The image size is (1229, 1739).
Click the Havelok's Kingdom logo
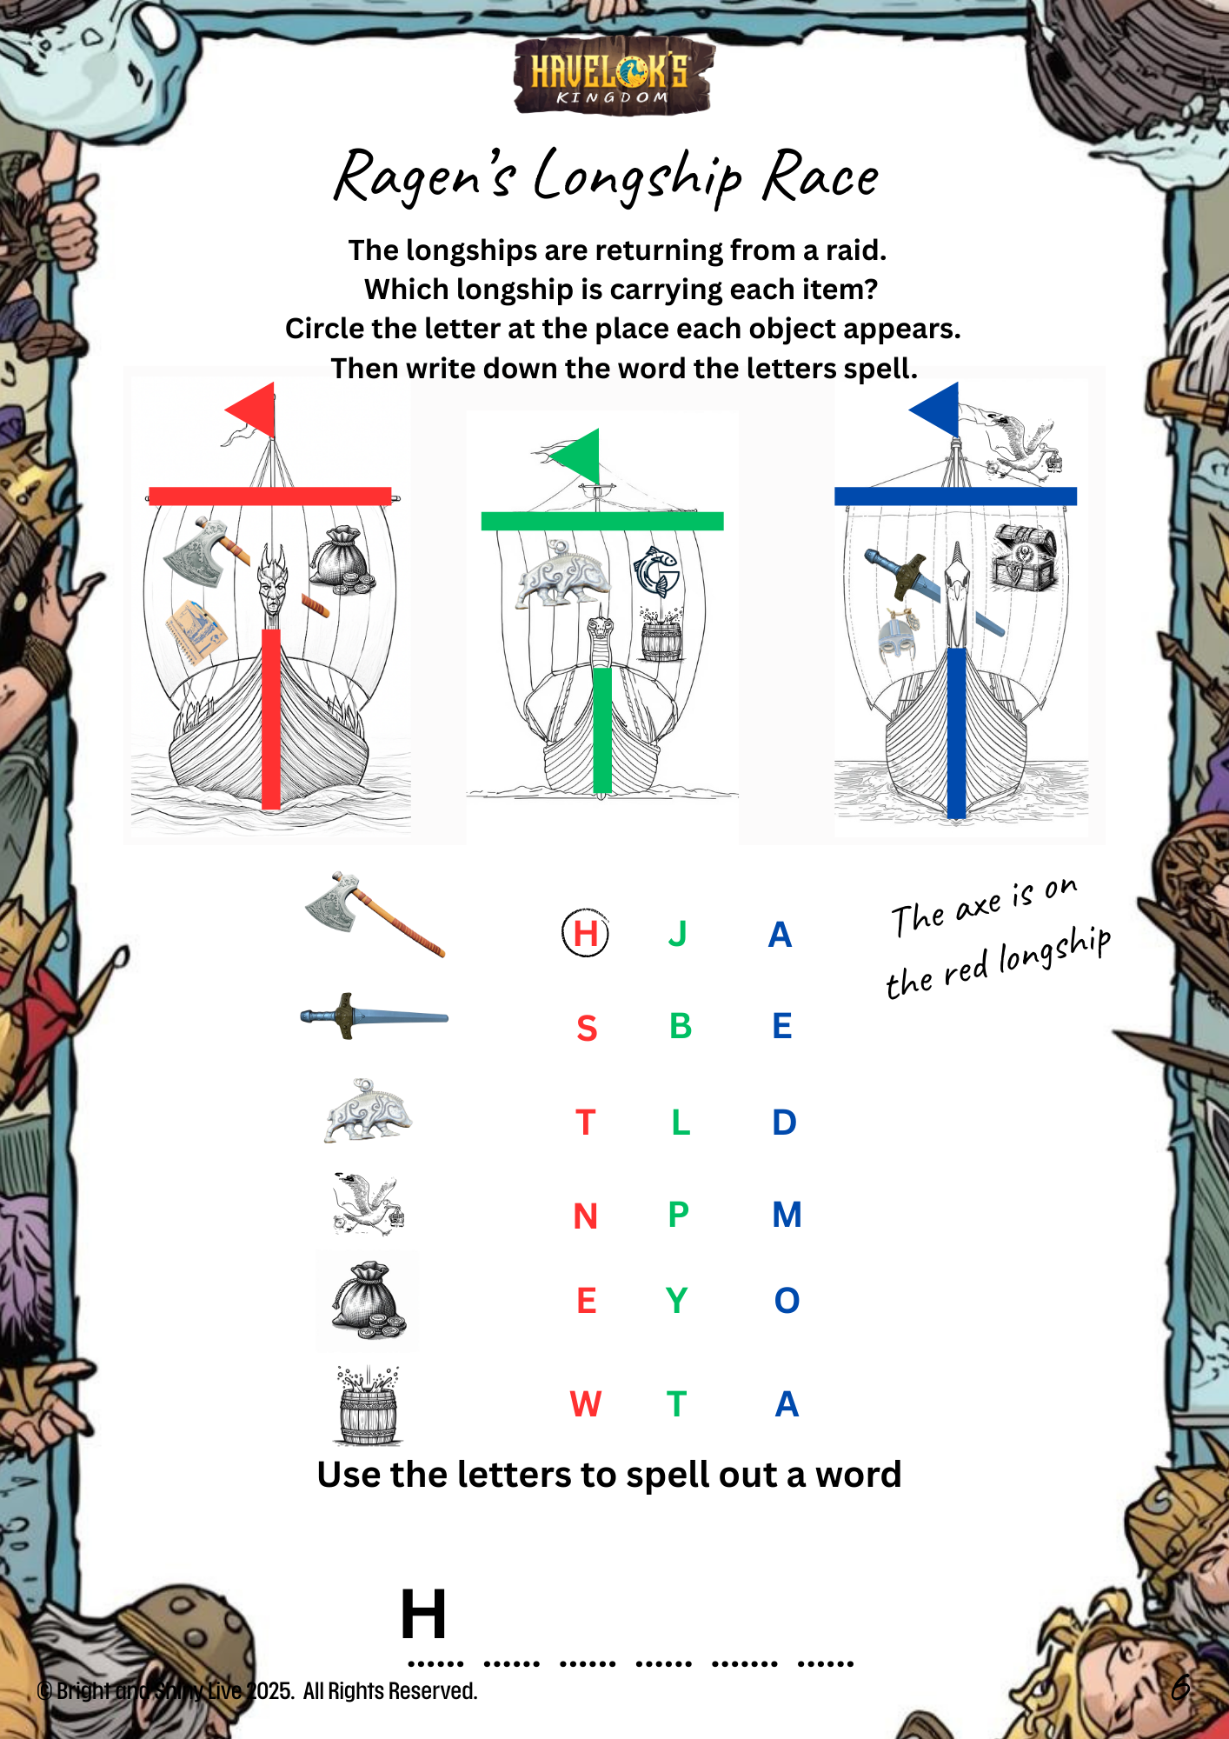(x=613, y=77)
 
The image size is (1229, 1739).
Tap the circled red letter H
(x=585, y=933)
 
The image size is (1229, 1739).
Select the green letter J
(x=678, y=934)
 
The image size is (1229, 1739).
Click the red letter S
(x=587, y=1028)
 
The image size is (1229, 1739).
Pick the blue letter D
(x=784, y=1123)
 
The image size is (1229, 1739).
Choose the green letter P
(x=679, y=1214)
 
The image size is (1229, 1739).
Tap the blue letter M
(x=787, y=1215)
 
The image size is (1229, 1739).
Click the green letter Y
(x=676, y=1301)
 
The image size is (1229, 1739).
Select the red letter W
(x=586, y=1404)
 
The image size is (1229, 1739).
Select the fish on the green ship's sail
(x=656, y=571)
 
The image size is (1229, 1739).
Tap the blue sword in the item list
(x=374, y=1016)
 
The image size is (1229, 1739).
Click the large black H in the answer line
(x=423, y=1614)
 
